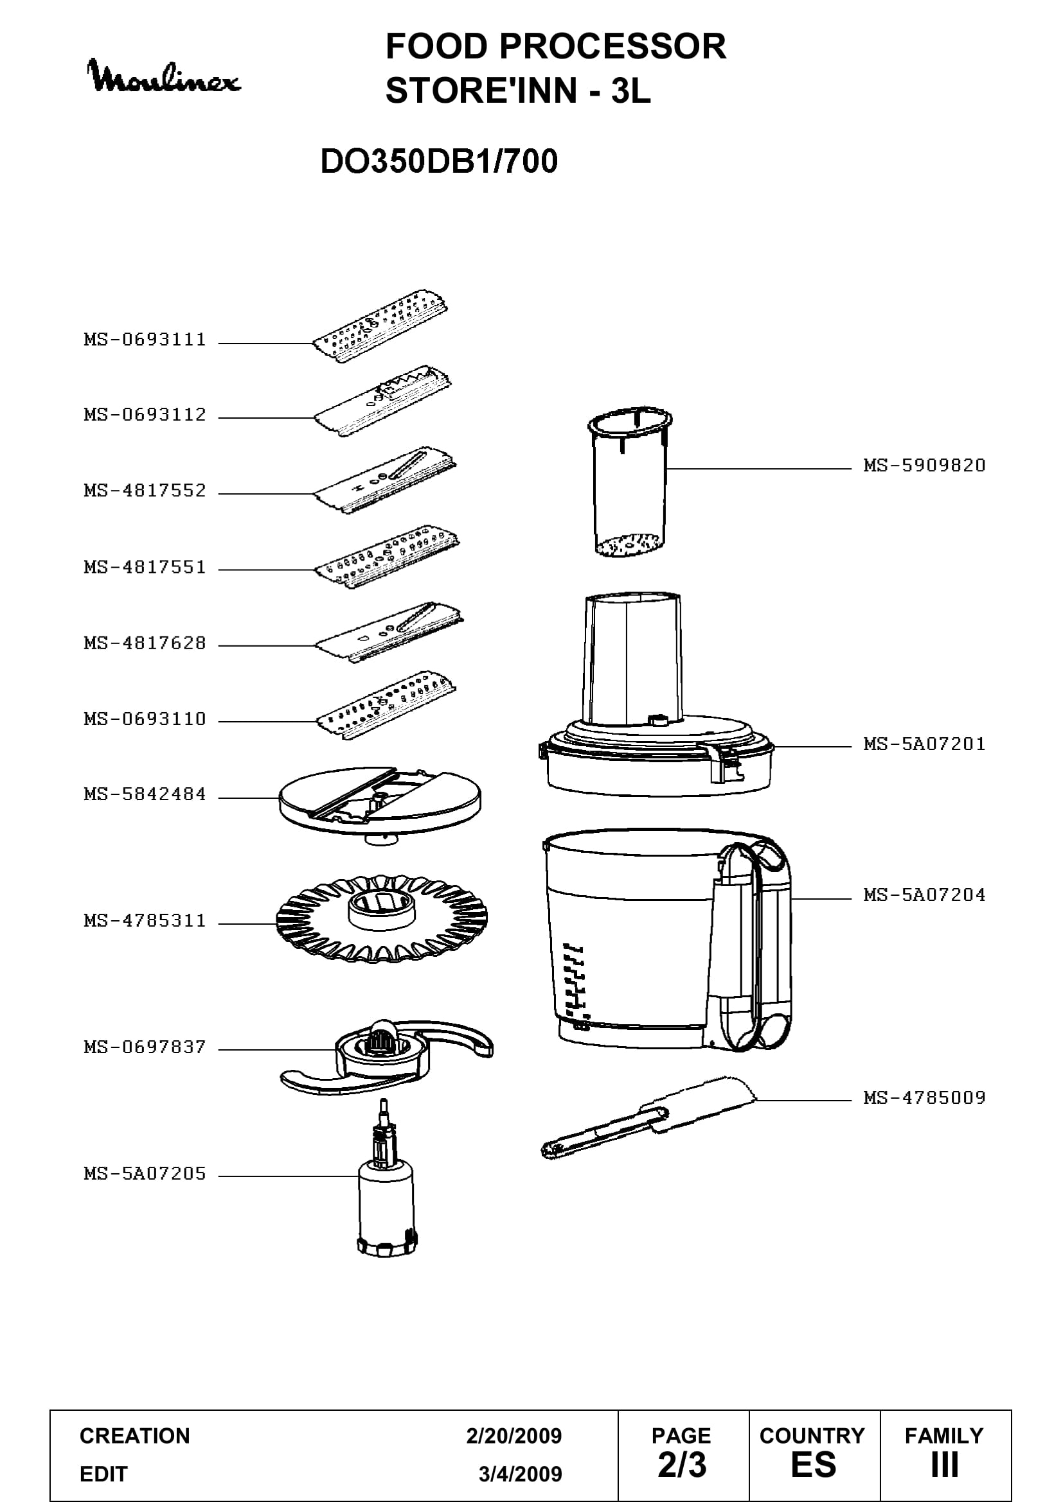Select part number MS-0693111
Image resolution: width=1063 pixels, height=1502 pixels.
pos(145,340)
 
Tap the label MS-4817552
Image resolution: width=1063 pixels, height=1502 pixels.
pos(145,491)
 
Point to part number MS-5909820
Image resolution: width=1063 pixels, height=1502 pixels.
pos(924,466)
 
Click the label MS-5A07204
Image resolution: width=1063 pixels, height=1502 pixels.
pos(924,895)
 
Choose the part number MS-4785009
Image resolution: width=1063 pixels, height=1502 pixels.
pos(924,1097)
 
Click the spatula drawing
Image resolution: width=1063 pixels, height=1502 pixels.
pos(648,1117)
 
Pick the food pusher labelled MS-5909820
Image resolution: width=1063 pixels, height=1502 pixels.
pos(630,483)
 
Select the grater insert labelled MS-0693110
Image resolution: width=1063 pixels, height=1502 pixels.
pos(387,704)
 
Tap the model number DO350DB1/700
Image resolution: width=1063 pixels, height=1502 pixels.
pos(438,161)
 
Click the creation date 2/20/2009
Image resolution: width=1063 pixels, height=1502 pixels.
pos(514,1436)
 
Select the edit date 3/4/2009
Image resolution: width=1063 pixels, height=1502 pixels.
pos(521,1474)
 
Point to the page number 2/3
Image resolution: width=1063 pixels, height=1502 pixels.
pos(682,1465)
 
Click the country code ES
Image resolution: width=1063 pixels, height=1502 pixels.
pos(814,1465)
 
